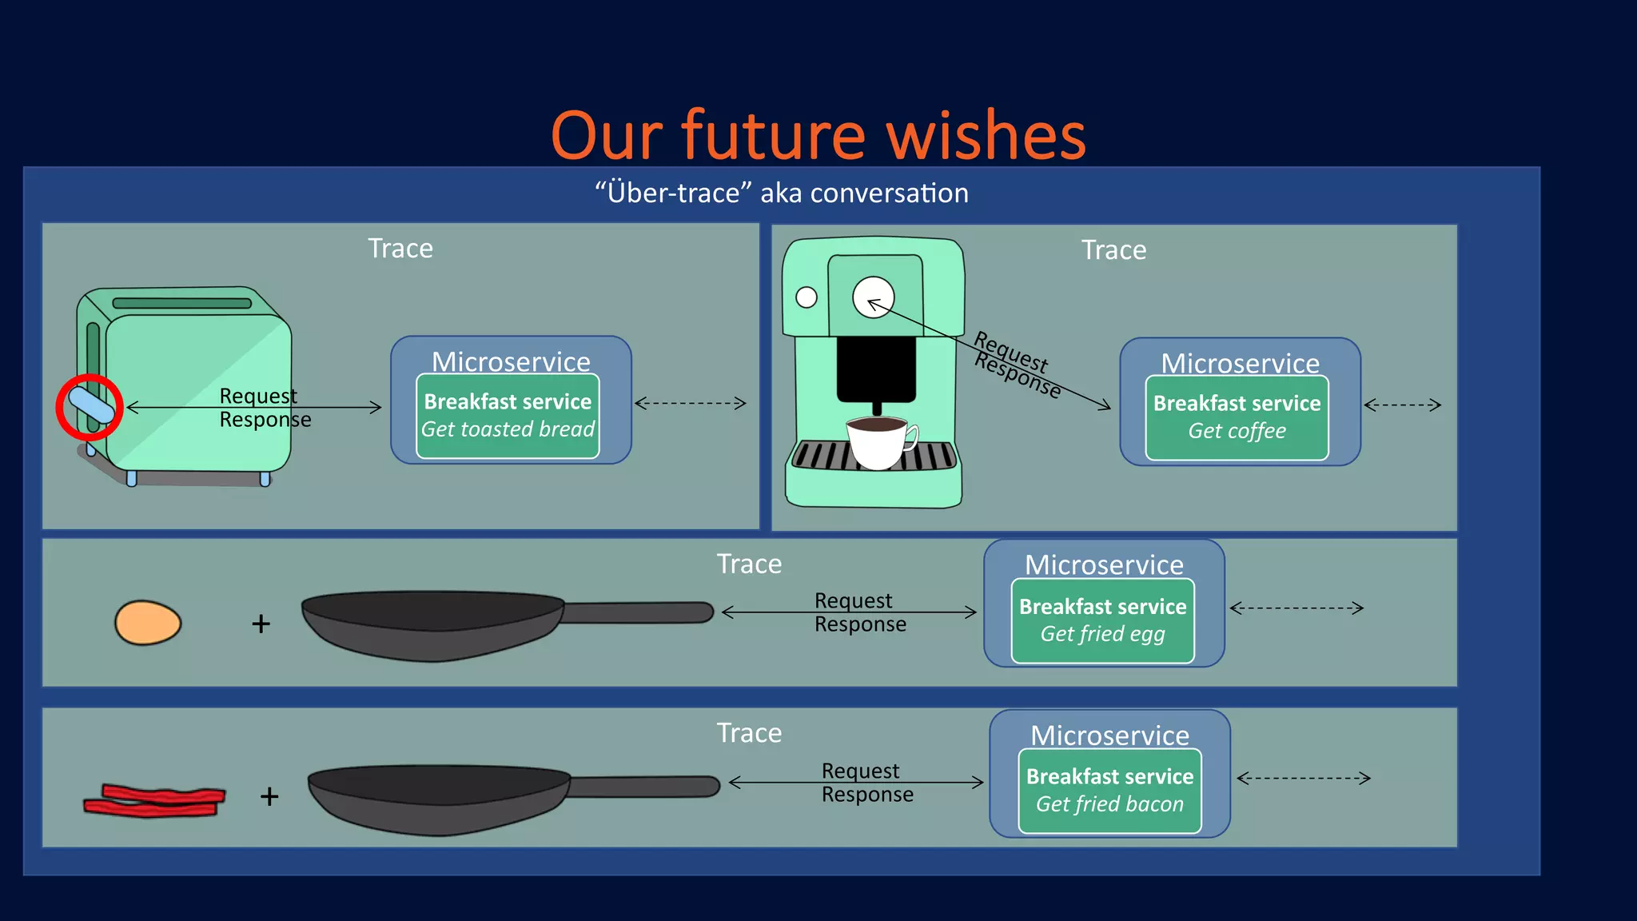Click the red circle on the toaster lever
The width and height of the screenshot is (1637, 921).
coord(90,408)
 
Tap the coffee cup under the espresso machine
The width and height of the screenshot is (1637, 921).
coord(878,443)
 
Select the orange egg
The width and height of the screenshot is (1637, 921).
coord(148,623)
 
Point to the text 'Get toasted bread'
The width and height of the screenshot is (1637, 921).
coord(508,429)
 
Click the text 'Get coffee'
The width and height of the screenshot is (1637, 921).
coord(1237,431)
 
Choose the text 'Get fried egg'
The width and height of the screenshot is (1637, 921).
coord(1102,634)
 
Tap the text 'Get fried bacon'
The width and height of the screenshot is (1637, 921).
coord(1109,804)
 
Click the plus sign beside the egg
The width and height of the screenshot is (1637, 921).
coord(261,624)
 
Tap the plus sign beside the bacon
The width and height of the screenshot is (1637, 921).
coord(269,796)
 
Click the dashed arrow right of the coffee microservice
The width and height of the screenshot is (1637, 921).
coord(1403,405)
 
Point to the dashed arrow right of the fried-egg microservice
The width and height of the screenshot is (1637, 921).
coord(1296,608)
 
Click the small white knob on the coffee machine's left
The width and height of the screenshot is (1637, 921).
coord(807,297)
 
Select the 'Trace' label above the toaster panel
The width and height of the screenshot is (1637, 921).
coord(400,249)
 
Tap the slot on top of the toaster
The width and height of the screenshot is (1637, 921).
coord(182,303)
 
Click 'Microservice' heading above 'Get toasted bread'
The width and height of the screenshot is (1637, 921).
coord(511,361)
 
